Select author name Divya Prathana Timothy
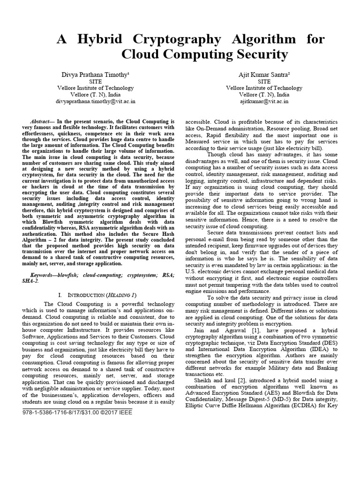(96, 75)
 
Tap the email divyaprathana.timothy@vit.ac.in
(96, 101)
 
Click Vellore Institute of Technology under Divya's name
(96, 88)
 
